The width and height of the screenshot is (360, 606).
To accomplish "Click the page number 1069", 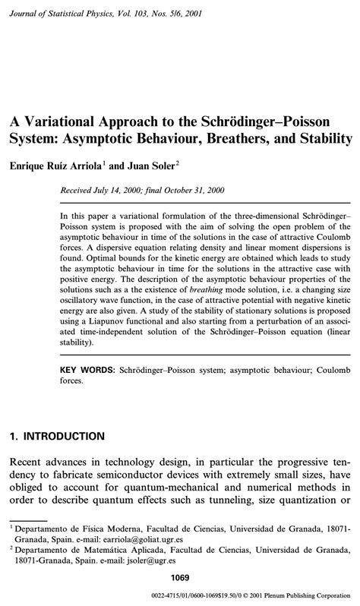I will click(x=180, y=579).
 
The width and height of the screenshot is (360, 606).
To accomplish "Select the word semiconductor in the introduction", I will click(x=137, y=475).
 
